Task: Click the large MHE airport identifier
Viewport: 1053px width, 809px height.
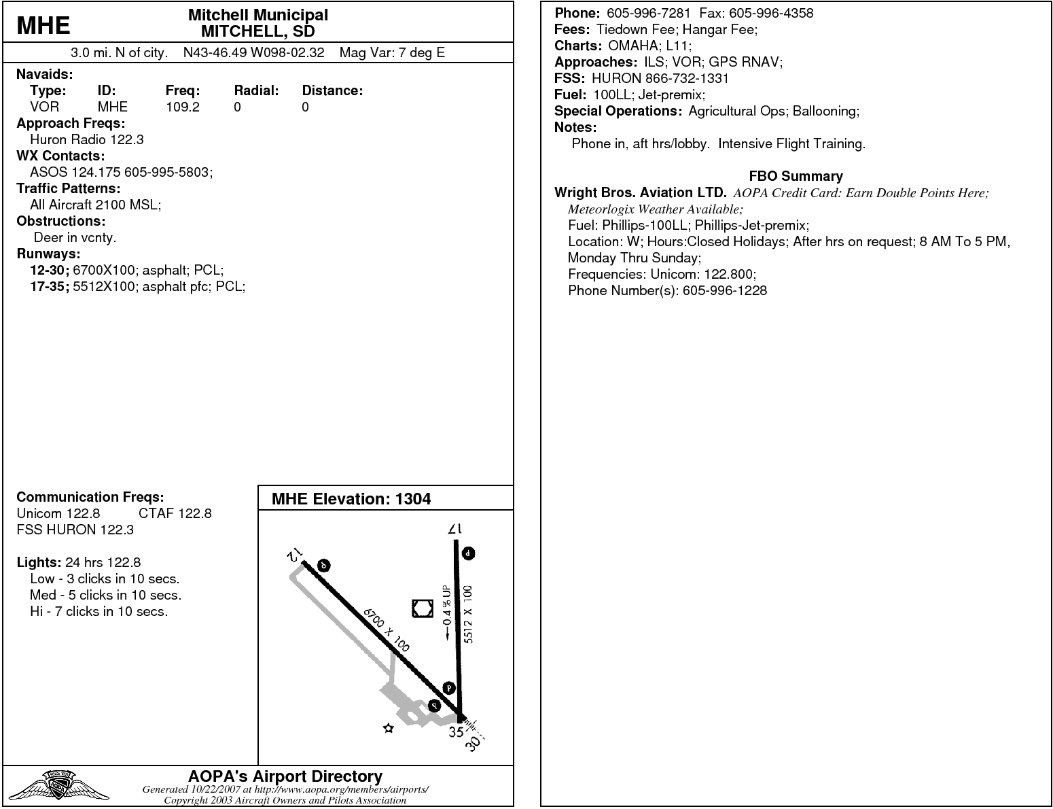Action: coord(43,25)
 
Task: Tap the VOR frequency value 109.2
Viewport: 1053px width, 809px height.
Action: coord(182,107)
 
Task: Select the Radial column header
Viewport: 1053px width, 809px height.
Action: coord(256,90)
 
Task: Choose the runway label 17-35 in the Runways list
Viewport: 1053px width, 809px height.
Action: coord(49,286)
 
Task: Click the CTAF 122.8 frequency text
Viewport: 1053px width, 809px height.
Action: coord(175,513)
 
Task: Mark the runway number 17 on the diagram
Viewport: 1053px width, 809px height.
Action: coord(454,528)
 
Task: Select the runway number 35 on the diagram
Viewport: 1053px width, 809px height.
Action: coord(455,732)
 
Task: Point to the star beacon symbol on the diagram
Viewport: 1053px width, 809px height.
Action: coord(389,729)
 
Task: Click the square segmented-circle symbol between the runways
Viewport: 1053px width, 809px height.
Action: coord(423,608)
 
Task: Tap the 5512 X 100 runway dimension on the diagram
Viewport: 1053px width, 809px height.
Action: coord(468,614)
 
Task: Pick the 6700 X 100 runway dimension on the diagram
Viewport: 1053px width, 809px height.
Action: coord(387,630)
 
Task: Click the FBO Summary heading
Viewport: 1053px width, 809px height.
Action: coord(796,176)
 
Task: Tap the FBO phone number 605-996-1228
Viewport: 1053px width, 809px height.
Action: coord(724,290)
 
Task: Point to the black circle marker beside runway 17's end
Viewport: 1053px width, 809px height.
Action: coord(468,553)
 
